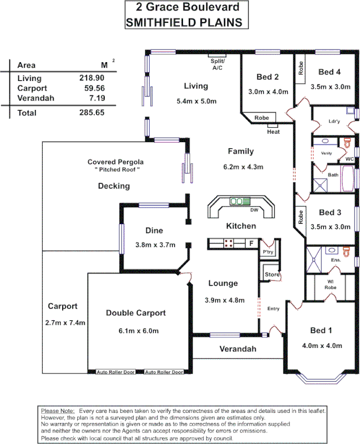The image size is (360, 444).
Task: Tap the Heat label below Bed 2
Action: coord(273,132)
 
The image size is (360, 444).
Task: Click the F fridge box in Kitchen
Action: coord(251,243)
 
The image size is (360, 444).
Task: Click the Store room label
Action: coord(271,275)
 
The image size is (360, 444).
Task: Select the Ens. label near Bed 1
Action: coord(336,260)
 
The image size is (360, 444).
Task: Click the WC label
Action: coord(349,159)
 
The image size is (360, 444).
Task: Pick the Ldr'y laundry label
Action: coord(334,120)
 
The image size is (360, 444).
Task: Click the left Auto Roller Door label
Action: coord(115,372)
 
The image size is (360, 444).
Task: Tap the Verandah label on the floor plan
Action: coord(238,349)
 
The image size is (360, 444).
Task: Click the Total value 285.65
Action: coord(92,113)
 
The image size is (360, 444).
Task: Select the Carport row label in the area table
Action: coord(32,88)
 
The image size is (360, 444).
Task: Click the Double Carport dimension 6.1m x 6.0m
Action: coord(136,331)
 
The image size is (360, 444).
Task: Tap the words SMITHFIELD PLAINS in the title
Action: coord(184,22)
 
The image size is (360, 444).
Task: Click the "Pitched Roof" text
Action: coord(117,169)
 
